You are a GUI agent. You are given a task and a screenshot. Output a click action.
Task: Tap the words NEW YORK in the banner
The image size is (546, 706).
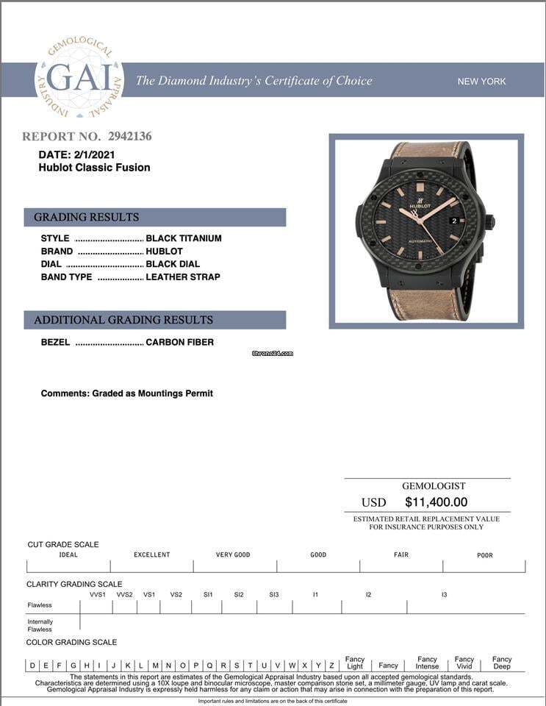pos(481,81)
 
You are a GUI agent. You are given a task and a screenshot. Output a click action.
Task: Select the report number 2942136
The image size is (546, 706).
pos(129,136)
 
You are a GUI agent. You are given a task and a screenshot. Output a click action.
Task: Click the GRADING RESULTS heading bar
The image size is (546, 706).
pos(154,217)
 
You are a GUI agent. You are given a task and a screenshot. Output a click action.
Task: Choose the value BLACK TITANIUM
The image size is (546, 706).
pos(184,238)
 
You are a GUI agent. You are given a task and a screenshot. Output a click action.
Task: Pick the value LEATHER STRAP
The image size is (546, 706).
pos(183,277)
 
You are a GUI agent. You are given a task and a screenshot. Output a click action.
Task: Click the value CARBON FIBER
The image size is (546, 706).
pos(180,342)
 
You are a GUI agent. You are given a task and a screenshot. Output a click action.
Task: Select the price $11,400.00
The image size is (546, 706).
pos(436,502)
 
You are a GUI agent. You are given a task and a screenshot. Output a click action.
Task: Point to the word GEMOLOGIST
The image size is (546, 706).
pos(434,486)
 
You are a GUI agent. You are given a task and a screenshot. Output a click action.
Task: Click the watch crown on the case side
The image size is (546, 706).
pos(490,222)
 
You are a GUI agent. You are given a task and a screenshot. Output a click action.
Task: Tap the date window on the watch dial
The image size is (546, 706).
pos(454,220)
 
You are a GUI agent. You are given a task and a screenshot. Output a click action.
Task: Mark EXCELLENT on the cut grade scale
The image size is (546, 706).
pos(151,555)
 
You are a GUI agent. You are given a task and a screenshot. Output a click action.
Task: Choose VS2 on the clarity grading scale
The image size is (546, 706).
pos(176,594)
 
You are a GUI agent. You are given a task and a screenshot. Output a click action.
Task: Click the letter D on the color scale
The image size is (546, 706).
pos(32,666)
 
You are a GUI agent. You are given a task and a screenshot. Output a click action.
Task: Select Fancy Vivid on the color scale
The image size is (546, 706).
pos(464,663)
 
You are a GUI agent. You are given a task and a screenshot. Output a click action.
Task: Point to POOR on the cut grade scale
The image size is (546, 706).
pos(485,555)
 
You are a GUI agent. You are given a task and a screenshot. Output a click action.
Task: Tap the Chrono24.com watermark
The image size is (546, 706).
pos(272,353)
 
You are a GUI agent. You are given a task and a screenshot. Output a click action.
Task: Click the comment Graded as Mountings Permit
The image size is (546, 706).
pos(127,393)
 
